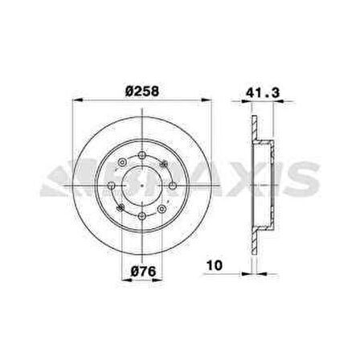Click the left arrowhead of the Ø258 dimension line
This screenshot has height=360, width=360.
pos(77,100)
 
